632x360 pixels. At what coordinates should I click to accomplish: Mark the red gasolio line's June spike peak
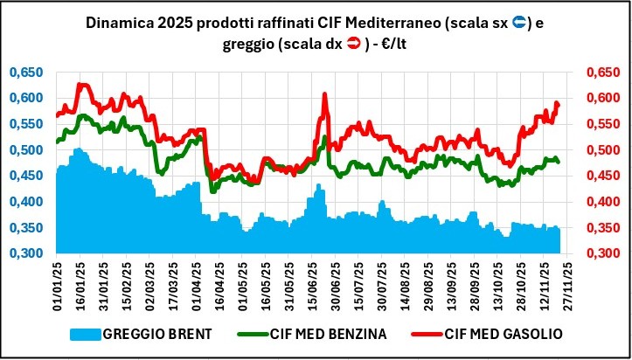pyautogui.click(x=324, y=93)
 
